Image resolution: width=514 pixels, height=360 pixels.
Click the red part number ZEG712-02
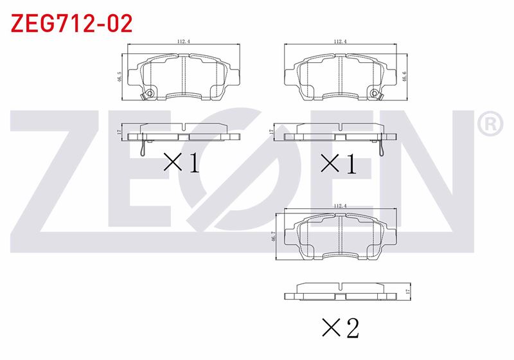[x=71, y=23]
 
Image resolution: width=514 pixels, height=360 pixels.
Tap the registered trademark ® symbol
[x=490, y=123]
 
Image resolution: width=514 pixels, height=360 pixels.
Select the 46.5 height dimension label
[x=120, y=76]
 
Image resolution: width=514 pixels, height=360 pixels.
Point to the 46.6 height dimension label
[x=404, y=76]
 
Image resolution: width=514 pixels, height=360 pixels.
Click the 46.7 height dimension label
[x=272, y=237]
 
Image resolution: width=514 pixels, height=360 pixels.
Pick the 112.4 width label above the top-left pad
[x=184, y=41]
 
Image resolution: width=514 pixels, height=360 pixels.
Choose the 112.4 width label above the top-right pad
[x=341, y=41]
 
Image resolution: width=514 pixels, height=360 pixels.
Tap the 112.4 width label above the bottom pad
[x=341, y=206]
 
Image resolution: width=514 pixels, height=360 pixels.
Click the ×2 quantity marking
[x=341, y=328]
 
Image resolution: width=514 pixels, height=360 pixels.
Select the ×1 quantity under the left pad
[x=182, y=163]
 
